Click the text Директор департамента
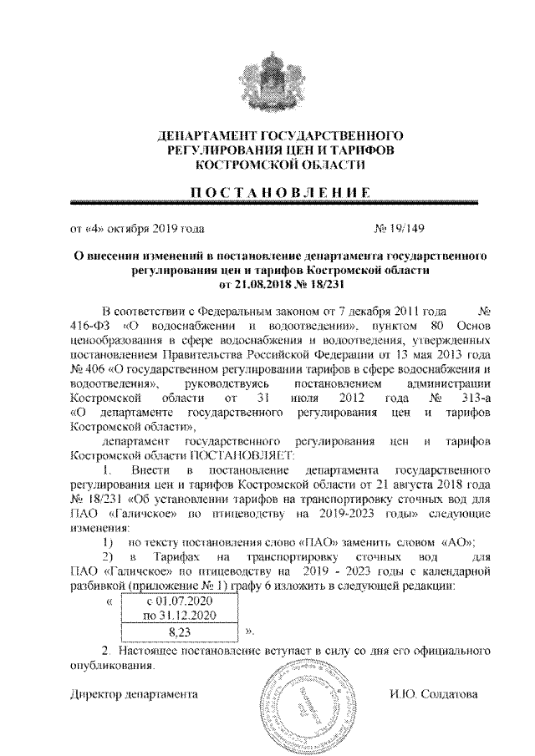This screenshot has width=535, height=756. pyautogui.click(x=133, y=694)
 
